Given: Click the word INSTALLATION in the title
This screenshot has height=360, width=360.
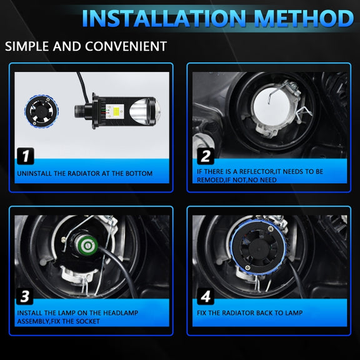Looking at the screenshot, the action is coord(164,18).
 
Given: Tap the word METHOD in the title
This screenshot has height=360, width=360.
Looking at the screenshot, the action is coord(304,18).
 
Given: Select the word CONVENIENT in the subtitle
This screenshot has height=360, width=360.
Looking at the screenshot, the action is coord(126,46).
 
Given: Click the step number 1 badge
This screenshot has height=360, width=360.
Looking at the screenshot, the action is coord(26,156).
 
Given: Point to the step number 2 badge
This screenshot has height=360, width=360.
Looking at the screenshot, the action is coord(206,156).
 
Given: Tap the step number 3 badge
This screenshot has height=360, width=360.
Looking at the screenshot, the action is coord(25,296).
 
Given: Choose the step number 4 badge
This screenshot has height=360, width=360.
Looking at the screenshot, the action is coord(206,296).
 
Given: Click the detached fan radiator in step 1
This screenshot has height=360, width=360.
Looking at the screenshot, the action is coord(41,111).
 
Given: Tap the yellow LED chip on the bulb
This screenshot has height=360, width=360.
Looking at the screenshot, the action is coord(115,112).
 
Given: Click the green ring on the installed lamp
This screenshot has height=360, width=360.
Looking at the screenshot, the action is coord(88,246).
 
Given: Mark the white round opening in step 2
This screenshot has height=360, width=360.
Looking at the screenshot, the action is coord(269,107).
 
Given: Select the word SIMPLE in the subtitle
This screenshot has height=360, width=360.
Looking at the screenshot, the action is coord(27,46).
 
